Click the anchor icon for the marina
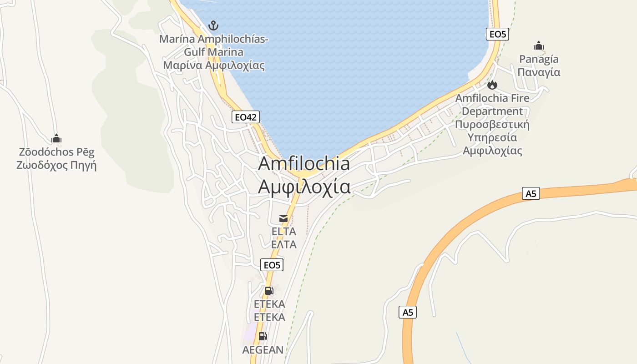pos(213,25)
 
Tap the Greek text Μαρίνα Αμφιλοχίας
pos(214,65)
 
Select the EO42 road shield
pos(245,117)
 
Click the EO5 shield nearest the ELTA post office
pos(272,265)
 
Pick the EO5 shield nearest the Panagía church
pos(497,34)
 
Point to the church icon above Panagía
pos(539,46)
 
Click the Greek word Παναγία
pos(539,72)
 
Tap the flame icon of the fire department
pos(492,85)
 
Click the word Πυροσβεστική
pos(492,124)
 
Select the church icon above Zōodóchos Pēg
pos(56,138)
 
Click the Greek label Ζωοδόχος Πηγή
pos(56,165)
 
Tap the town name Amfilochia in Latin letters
pos(304,164)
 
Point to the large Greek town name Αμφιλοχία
pos(304,187)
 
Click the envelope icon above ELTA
pos(283,218)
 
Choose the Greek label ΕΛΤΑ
pos(283,245)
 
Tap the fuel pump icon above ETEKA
pos(269,291)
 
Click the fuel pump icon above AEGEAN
pos(263,336)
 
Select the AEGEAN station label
pos(263,349)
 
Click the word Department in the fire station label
pos(492,111)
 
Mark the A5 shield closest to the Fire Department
pos(531,194)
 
